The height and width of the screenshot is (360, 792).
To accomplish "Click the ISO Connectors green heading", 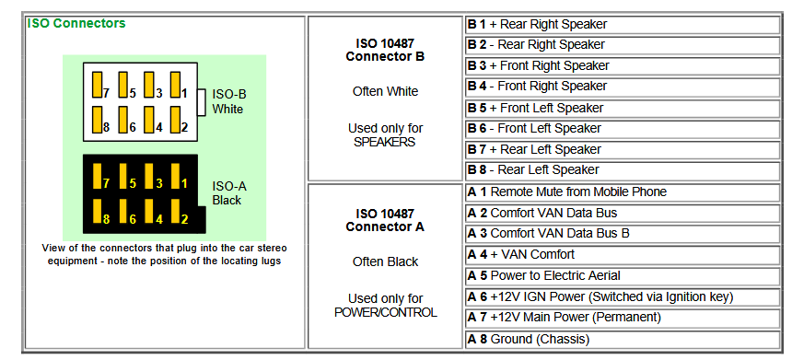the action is coord(76,23).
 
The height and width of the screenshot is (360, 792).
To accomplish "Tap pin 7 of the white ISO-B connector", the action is coord(98,85).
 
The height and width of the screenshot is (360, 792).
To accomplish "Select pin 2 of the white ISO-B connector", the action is coord(175,120).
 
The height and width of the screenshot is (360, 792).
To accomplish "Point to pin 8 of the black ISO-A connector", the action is coord(98,212).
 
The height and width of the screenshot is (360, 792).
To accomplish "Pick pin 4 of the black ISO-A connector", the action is coord(149,212).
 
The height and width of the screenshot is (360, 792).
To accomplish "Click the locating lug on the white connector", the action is coord(202,102).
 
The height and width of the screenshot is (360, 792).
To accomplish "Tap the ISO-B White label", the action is coord(228,101).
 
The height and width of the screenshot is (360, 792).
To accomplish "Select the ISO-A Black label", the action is coord(228,193).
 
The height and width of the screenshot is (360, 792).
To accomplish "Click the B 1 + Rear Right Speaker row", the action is coord(623,24).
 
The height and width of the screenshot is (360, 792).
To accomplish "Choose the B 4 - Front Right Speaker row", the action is coord(623,87).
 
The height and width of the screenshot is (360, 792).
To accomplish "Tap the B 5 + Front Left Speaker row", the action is coord(623,108).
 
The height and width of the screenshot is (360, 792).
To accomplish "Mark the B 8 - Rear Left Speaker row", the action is coord(623,170).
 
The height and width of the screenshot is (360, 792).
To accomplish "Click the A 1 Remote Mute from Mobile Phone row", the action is coord(623,192).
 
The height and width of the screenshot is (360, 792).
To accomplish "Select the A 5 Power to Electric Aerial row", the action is coord(623,275).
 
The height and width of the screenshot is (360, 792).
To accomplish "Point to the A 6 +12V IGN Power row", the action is coord(623,296).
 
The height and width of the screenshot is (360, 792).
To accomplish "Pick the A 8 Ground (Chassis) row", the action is coord(623,340).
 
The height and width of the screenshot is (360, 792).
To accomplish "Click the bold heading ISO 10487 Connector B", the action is coord(385,50).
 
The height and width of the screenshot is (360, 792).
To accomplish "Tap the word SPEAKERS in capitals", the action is coord(384,142).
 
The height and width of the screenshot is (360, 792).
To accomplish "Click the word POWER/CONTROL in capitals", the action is coord(385,312).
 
